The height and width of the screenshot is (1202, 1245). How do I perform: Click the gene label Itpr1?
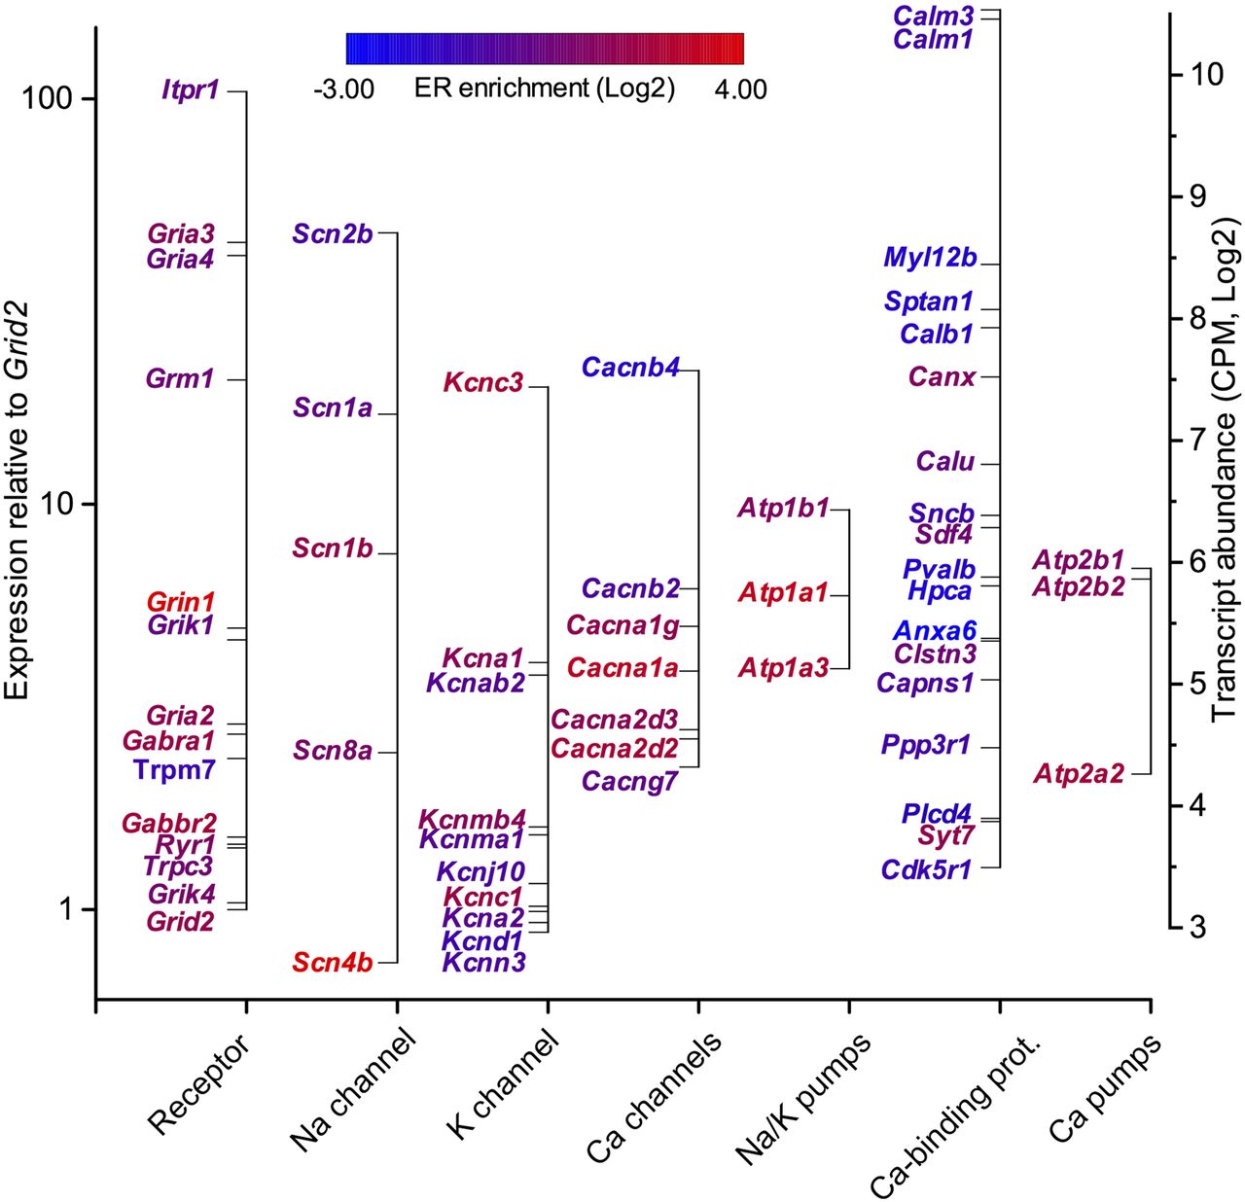(190, 90)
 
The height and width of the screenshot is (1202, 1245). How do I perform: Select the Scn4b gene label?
(332, 963)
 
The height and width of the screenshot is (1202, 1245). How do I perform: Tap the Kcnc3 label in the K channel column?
(483, 383)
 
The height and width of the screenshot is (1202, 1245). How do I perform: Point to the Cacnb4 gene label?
(631, 368)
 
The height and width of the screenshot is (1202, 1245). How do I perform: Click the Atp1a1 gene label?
(783, 592)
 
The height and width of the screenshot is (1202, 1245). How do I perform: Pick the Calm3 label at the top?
(934, 16)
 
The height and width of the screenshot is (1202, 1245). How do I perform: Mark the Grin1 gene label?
(180, 602)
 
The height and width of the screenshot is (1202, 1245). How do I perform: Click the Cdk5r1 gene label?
(926, 869)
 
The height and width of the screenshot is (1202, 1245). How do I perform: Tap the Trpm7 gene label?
(174, 769)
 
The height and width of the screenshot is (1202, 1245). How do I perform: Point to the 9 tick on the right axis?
(1205, 195)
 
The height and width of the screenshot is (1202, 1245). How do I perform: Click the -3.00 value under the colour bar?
(343, 89)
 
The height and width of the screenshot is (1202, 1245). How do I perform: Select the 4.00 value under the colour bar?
(741, 89)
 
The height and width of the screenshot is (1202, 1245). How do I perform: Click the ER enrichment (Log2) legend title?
(545, 88)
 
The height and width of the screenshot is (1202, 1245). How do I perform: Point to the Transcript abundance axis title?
(1226, 476)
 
